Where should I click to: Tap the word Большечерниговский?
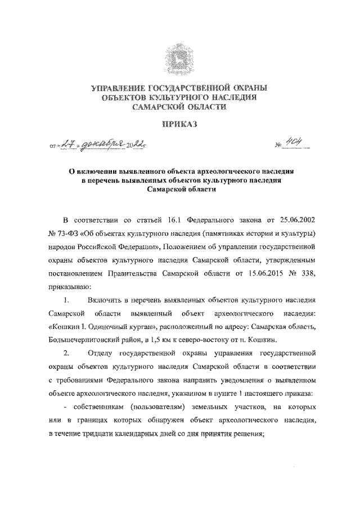pyautogui.click(x=88, y=339)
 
